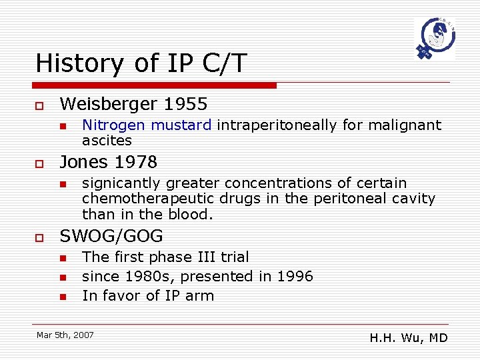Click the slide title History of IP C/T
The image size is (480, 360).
click(x=141, y=63)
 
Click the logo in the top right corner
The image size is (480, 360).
click(x=434, y=39)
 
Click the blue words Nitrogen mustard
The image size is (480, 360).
click(x=147, y=125)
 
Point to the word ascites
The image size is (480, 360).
click(x=107, y=140)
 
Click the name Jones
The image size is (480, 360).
click(x=86, y=162)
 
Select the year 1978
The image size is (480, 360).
click(x=137, y=162)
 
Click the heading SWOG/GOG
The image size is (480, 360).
click(x=111, y=236)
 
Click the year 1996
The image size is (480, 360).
click(x=295, y=276)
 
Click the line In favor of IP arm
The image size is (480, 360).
click(x=148, y=295)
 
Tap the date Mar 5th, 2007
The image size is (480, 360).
click(x=65, y=334)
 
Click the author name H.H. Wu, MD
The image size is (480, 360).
click(x=408, y=338)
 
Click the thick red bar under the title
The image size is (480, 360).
click(x=156, y=85)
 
